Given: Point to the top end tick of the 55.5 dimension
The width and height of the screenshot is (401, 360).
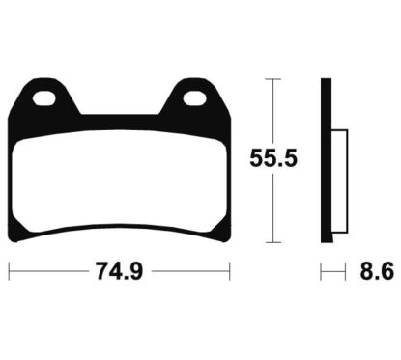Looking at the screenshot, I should pyautogui.click(x=274, y=78).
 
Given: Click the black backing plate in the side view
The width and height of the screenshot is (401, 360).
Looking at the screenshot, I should pyautogui.click(x=327, y=160).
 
